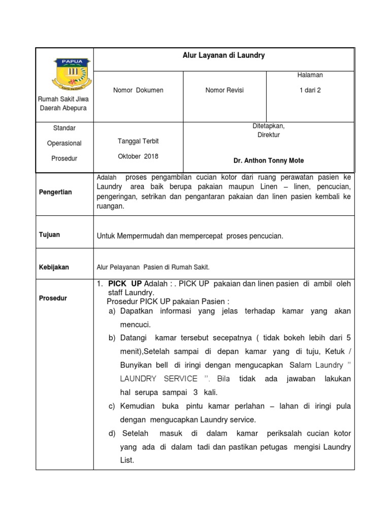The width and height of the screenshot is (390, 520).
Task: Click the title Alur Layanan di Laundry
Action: (x=224, y=55)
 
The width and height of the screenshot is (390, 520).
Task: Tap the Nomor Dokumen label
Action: (x=138, y=90)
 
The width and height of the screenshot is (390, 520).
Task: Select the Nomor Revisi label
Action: (x=224, y=90)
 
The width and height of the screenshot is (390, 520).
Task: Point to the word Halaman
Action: (x=310, y=75)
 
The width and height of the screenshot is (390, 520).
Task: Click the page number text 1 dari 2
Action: (x=310, y=90)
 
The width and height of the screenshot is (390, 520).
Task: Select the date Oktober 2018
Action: (x=138, y=156)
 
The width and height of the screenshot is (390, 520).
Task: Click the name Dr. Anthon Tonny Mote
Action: (x=269, y=160)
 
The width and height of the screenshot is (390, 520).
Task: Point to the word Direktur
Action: (x=269, y=135)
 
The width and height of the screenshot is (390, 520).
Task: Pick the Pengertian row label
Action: (x=55, y=192)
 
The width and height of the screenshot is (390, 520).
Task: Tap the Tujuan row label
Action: (x=49, y=235)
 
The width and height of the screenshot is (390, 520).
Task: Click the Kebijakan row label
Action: (x=54, y=267)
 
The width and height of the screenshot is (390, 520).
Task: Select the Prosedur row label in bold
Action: (x=53, y=299)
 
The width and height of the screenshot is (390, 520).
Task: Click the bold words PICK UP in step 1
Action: (x=125, y=283)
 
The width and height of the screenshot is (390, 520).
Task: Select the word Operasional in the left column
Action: (x=64, y=143)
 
